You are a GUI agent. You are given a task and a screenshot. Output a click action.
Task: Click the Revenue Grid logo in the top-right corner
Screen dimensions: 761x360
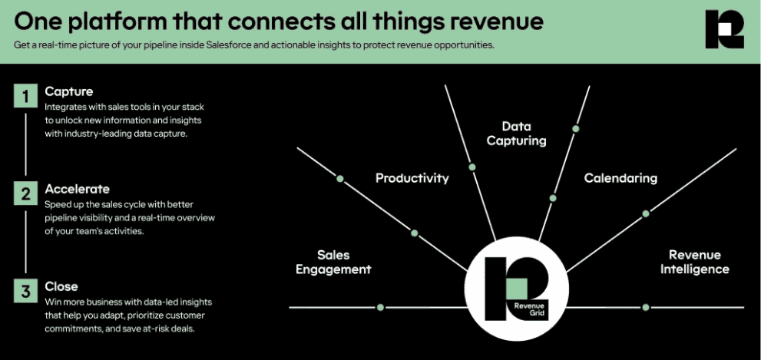pyautogui.click(x=724, y=29)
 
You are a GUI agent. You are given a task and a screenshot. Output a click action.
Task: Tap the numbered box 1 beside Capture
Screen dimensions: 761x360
pyautogui.click(x=25, y=95)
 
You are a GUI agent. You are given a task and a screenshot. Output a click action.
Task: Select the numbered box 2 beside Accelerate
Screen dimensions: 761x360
pyautogui.click(x=25, y=193)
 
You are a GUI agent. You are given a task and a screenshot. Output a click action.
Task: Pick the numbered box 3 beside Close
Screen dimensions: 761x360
pyautogui.click(x=25, y=291)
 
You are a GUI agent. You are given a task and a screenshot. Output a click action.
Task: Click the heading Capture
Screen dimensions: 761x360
pyautogui.click(x=69, y=91)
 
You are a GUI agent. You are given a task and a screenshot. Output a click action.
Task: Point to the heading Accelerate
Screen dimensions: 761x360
pyautogui.click(x=77, y=188)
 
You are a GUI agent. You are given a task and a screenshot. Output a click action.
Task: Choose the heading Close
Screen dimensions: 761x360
pyautogui.click(x=61, y=286)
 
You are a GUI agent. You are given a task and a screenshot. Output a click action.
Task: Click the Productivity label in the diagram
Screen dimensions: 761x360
pyautogui.click(x=412, y=179)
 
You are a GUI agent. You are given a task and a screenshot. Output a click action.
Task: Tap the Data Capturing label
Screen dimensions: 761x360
pyautogui.click(x=516, y=134)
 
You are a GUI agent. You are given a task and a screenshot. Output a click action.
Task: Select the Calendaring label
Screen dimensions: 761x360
pyautogui.click(x=620, y=178)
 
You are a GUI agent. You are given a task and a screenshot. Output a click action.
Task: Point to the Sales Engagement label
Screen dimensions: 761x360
pyautogui.click(x=333, y=262)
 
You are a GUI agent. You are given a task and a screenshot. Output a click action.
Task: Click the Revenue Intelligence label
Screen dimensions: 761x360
pyautogui.click(x=694, y=262)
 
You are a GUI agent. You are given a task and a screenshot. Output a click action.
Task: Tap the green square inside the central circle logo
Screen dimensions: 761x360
pyautogui.click(x=516, y=288)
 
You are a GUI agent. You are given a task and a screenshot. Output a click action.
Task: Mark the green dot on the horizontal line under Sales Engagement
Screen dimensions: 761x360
pyautogui.click(x=381, y=307)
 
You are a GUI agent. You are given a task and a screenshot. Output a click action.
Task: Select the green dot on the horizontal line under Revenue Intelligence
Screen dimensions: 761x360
pyautogui.click(x=646, y=307)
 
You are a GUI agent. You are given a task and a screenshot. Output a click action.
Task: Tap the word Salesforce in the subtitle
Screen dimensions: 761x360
pyautogui.click(x=227, y=45)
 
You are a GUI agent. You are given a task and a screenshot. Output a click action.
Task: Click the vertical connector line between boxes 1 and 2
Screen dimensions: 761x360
pyautogui.click(x=25, y=144)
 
